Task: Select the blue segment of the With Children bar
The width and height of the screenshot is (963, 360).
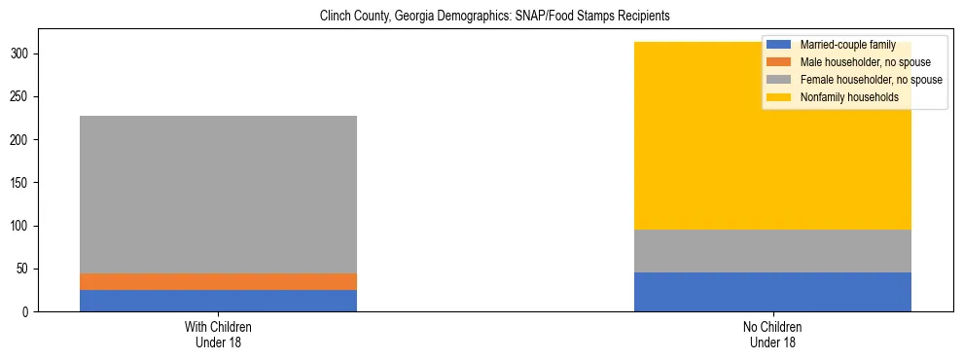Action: coord(218,301)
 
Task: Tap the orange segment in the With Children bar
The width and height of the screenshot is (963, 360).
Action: coord(218,281)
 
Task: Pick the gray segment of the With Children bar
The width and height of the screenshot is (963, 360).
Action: coord(218,195)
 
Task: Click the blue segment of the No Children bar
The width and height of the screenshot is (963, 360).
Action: coord(772,292)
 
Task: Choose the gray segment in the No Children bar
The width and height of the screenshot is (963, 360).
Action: coord(772,251)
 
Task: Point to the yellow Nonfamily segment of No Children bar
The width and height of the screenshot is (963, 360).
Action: coord(681,136)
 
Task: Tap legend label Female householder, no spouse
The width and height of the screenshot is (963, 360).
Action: coord(871,80)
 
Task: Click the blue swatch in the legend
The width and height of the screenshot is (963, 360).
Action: coord(779,45)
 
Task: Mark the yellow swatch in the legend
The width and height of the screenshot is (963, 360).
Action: coord(779,97)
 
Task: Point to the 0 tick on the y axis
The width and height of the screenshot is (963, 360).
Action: coord(29,312)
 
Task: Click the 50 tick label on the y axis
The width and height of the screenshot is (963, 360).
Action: coord(26,269)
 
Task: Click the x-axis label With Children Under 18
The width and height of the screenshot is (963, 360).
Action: coord(218,334)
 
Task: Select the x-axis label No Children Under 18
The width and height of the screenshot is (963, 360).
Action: coord(772,334)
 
